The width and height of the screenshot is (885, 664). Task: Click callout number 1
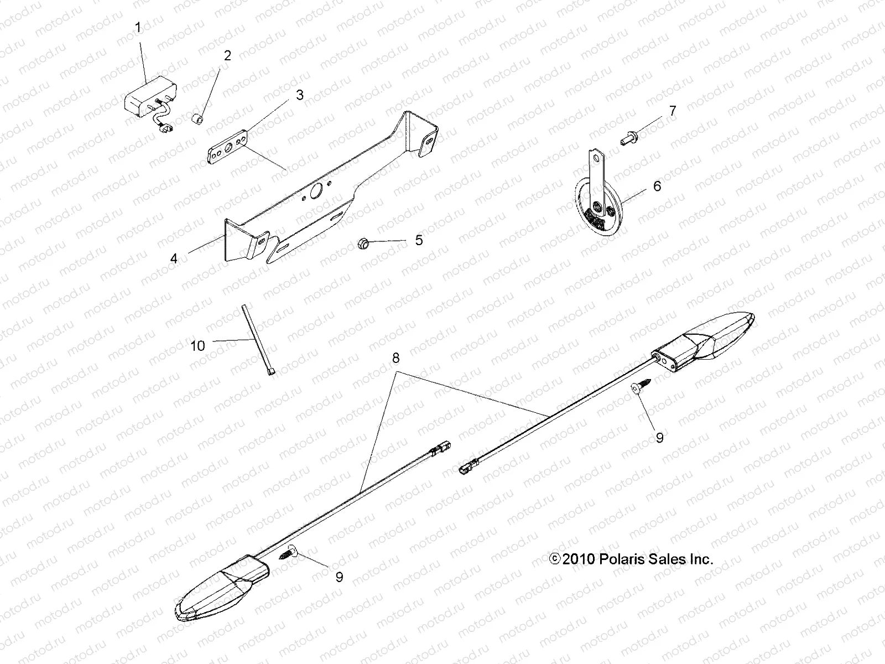pyautogui.click(x=138, y=27)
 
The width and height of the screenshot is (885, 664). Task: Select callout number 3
pyautogui.click(x=300, y=95)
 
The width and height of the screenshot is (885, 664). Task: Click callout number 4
pyautogui.click(x=174, y=258)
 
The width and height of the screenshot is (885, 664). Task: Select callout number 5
pyautogui.click(x=419, y=240)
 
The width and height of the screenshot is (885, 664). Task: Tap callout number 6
pyautogui.click(x=657, y=186)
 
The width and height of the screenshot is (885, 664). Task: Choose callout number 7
pyautogui.click(x=673, y=111)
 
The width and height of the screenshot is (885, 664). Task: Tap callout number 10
pyautogui.click(x=197, y=346)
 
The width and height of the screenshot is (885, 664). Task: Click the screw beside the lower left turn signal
pyautogui.click(x=289, y=552)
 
